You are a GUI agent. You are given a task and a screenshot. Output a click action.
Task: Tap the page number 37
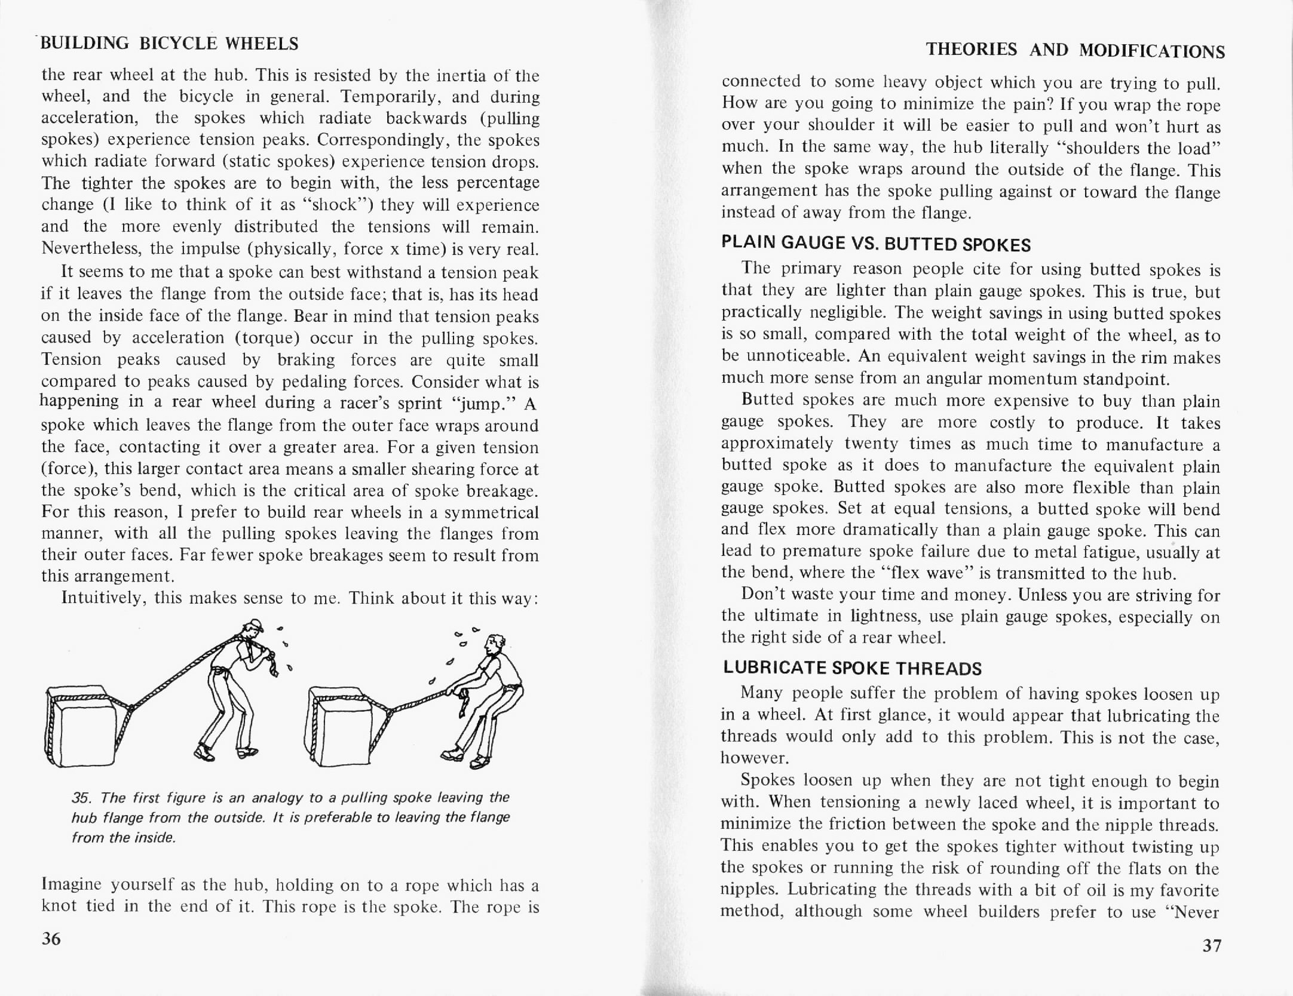click(x=1212, y=945)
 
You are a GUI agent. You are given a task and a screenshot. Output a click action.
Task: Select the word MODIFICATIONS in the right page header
click(x=1152, y=51)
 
